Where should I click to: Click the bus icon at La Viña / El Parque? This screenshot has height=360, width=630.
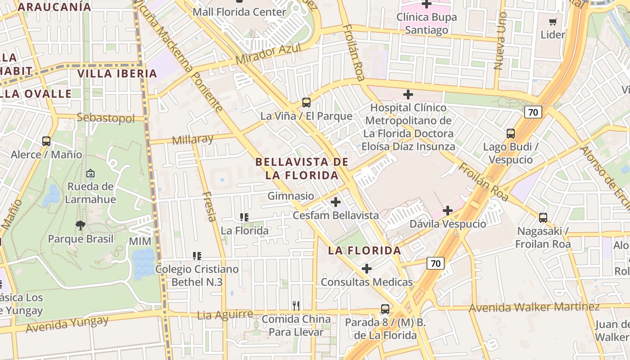(x=306, y=103)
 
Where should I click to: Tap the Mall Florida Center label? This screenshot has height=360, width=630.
(x=239, y=12)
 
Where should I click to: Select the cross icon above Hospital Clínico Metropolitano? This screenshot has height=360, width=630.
(x=408, y=94)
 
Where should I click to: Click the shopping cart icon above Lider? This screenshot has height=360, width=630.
(x=553, y=22)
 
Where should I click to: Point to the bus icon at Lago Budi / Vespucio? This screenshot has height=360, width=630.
(x=510, y=134)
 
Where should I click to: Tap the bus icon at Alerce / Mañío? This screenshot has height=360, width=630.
(x=46, y=141)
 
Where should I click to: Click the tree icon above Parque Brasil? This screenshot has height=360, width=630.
(x=81, y=225)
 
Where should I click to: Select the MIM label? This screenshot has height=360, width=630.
(x=140, y=242)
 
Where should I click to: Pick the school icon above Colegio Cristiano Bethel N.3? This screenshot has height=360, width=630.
(x=197, y=256)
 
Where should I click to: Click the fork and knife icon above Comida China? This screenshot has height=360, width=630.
(x=296, y=306)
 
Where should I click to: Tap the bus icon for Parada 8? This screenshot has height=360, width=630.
(x=385, y=309)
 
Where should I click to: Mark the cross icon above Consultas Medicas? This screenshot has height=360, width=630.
(x=367, y=269)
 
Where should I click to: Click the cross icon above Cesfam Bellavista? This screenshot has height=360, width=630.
(x=335, y=202)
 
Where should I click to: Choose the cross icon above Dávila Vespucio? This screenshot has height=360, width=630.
(x=448, y=210)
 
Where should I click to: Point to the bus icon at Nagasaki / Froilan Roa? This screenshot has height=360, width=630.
(x=543, y=218)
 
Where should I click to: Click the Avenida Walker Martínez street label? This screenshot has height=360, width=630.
(x=534, y=308)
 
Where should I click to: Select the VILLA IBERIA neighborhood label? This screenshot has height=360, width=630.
(x=117, y=74)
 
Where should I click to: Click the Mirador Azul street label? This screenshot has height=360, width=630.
(x=268, y=54)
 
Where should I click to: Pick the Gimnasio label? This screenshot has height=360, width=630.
(x=291, y=196)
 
